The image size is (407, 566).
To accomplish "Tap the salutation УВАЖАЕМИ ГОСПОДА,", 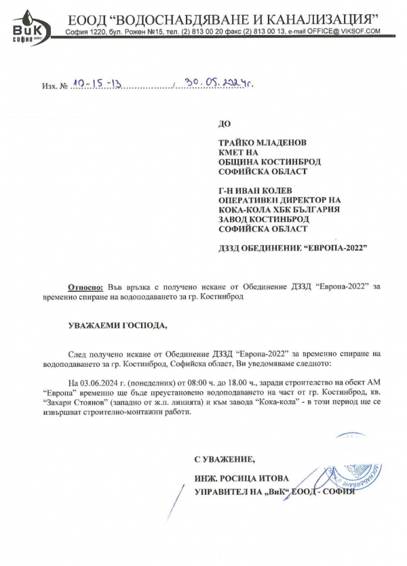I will [117, 325].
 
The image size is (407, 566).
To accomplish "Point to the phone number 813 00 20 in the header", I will [224, 32].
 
